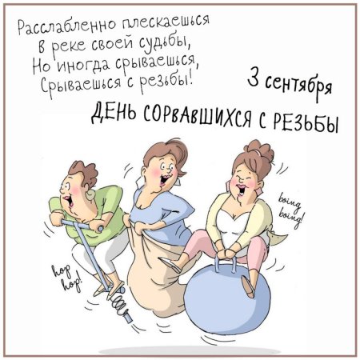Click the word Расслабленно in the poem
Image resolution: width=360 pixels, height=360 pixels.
pos(67,26)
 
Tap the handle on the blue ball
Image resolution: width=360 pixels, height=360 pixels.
pos(226,264)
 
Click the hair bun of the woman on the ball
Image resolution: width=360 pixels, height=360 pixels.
pos(259,149)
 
